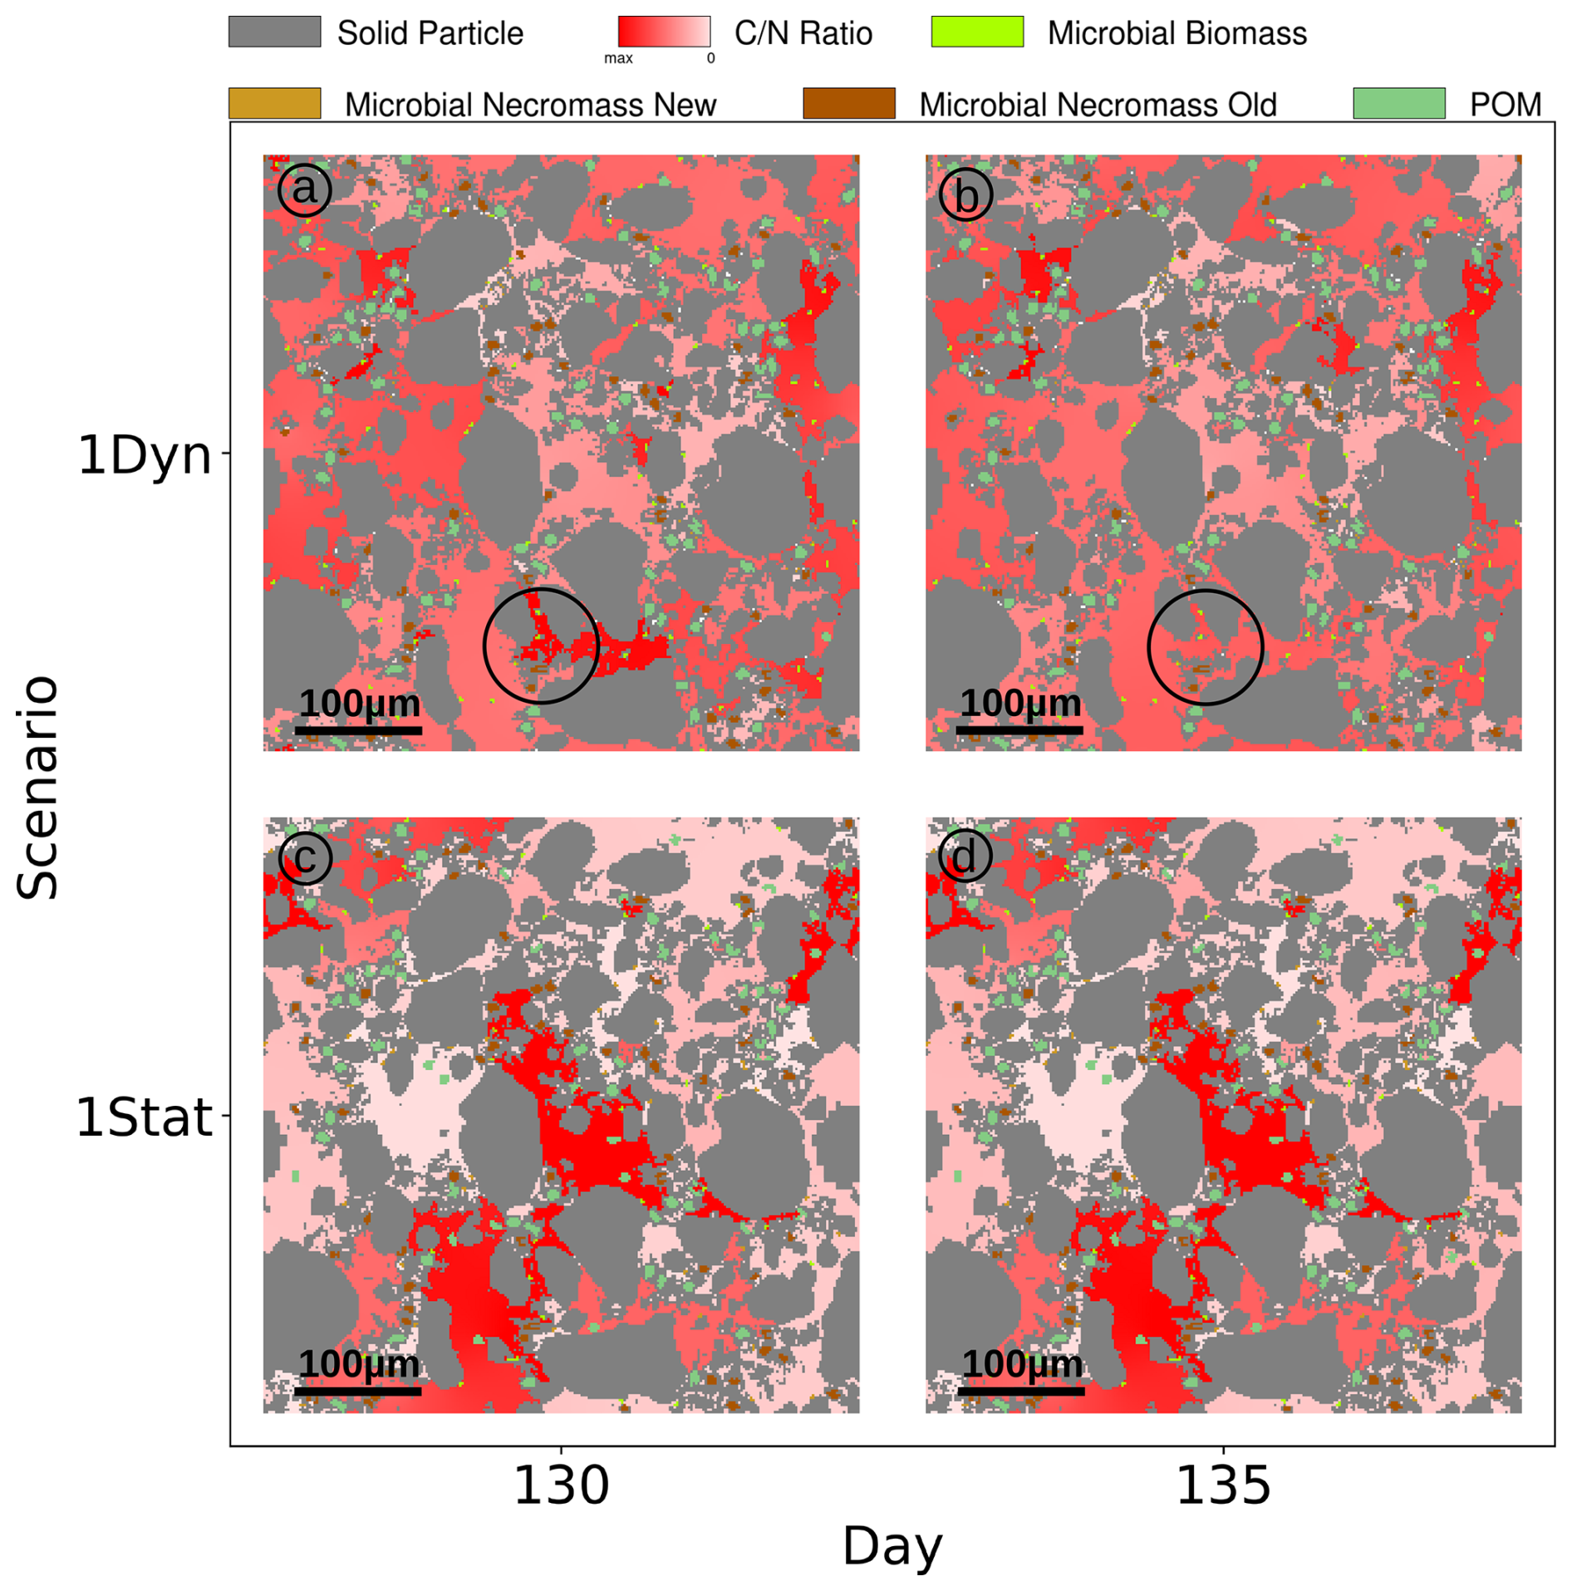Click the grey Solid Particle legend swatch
click(x=274, y=32)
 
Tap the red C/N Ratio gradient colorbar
click(x=664, y=32)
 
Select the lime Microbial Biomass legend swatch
click(x=977, y=32)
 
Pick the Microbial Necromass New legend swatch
click(x=274, y=103)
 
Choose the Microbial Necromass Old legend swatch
click(x=848, y=103)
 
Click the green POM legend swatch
click(x=1399, y=103)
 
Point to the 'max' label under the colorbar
click(x=618, y=58)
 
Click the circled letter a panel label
click(x=304, y=189)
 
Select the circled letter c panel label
click(x=304, y=857)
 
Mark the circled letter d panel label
click(x=965, y=857)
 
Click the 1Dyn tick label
click(x=145, y=455)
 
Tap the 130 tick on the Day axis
click(x=562, y=1485)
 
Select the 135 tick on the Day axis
click(x=1223, y=1485)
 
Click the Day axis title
click(x=892, y=1547)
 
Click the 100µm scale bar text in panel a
click(x=360, y=703)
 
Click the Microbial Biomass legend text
click(x=1177, y=33)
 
